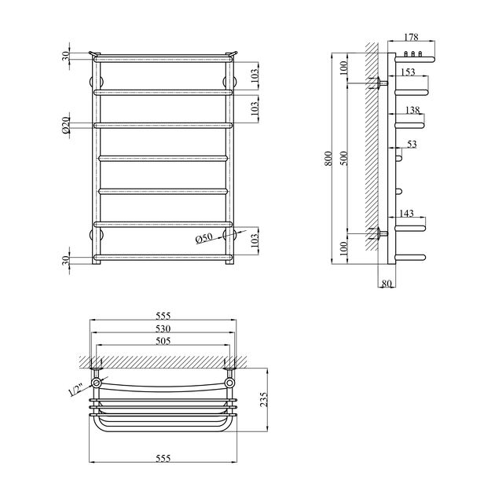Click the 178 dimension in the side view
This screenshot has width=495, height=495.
(412, 37)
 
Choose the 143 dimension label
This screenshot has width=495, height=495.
(407, 213)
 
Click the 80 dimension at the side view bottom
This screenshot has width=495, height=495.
(386, 284)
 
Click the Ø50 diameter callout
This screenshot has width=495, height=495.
(203, 239)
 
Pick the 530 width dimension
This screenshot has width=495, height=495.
(163, 328)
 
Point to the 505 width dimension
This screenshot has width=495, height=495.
(163, 342)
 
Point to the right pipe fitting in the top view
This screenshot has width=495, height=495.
(230, 383)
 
